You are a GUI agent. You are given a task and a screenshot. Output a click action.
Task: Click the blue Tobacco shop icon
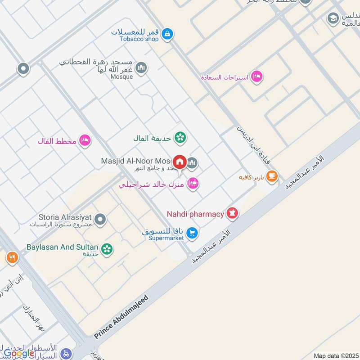[x=167, y=34]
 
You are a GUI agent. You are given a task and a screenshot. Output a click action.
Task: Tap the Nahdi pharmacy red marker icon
[x=232, y=213]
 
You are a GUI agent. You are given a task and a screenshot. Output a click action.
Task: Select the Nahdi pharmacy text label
[x=195, y=214]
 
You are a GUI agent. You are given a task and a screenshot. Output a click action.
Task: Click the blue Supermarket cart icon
[x=192, y=233]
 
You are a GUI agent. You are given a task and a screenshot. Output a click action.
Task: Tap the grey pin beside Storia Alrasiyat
[x=101, y=220]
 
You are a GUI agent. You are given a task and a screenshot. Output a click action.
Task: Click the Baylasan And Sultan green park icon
[x=107, y=248]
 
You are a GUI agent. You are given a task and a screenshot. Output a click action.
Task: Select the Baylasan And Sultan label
[x=56, y=247]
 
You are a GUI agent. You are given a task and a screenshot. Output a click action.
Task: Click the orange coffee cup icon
[x=272, y=176]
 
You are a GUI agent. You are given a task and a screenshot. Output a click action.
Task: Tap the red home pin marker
[x=180, y=162]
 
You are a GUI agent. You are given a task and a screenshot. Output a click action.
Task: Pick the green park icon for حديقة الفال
[x=180, y=137]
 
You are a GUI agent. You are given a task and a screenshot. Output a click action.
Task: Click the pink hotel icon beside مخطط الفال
[x=85, y=141]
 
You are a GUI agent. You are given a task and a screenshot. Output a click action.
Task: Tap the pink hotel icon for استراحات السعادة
[x=256, y=76]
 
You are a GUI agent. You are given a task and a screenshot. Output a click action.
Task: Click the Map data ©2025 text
[x=335, y=355]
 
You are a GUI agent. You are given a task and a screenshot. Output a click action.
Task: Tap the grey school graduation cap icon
[x=333, y=18]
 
